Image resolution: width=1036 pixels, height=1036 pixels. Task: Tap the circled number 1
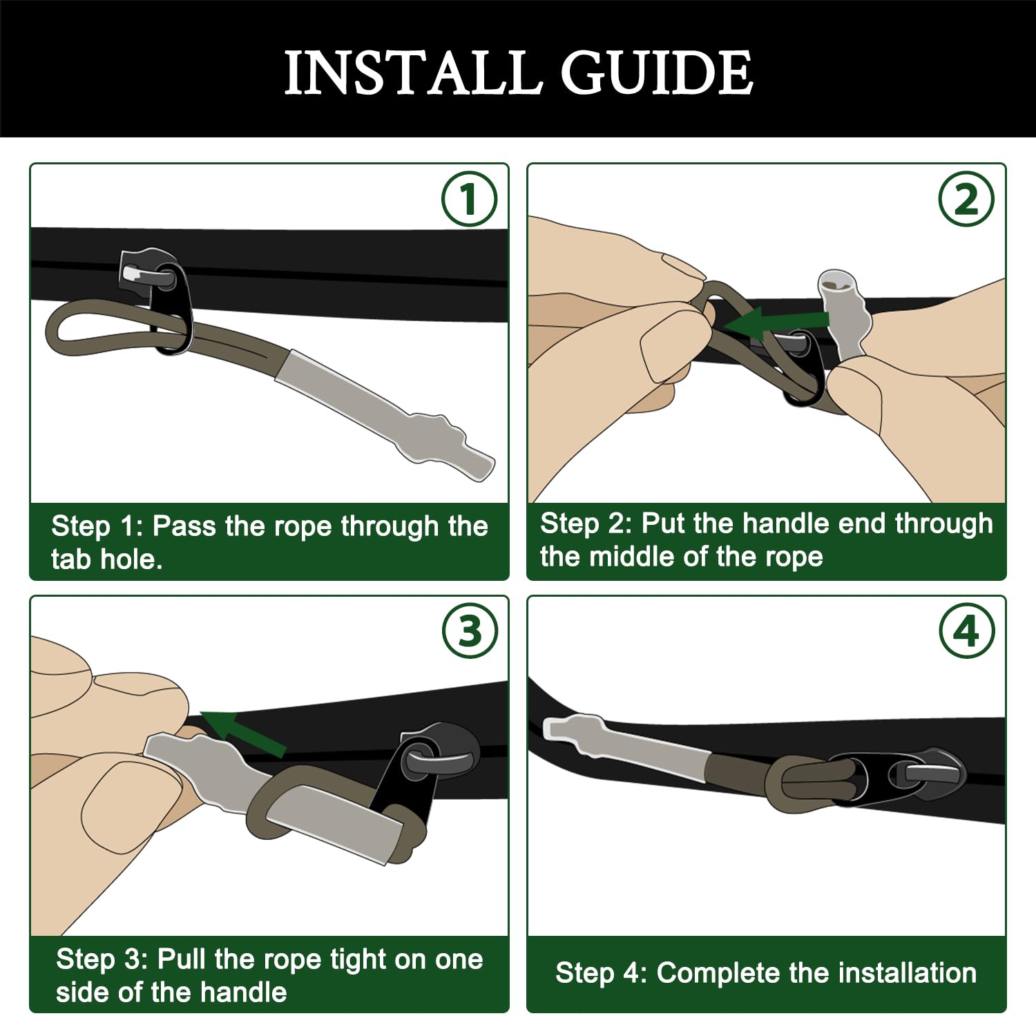(x=469, y=199)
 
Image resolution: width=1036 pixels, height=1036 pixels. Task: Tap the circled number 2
(x=966, y=199)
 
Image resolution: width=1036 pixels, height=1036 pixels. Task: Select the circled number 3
(x=470, y=631)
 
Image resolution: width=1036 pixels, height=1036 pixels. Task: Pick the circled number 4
(x=967, y=631)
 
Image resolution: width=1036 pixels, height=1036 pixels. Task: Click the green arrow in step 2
(x=776, y=322)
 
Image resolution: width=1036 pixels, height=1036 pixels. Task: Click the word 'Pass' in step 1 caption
(x=184, y=526)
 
